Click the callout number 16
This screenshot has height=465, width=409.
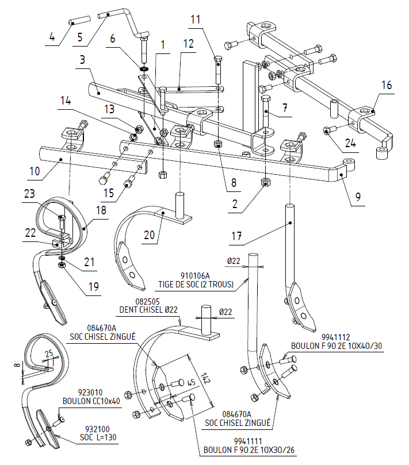(x=385, y=85)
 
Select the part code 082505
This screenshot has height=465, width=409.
(x=132, y=301)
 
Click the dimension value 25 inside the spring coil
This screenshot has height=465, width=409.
(x=50, y=352)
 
